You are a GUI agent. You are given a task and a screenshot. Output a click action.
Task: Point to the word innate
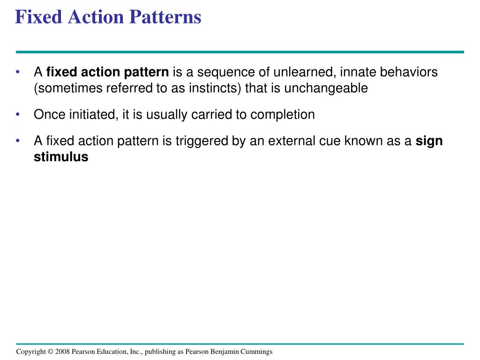[358, 73]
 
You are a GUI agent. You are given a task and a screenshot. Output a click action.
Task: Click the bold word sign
[429, 141]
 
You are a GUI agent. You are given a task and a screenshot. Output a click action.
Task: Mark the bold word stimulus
[61, 157]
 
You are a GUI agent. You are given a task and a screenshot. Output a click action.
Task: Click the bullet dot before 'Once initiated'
[18, 114]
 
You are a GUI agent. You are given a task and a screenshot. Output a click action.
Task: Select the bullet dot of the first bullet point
[18, 73]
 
